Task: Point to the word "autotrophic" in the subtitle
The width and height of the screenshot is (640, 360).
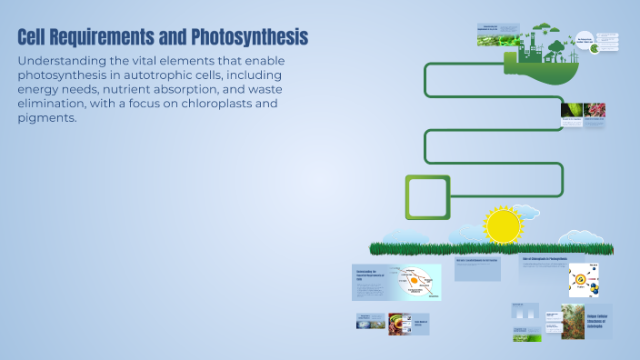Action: (173, 74)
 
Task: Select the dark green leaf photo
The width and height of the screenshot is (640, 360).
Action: (572, 111)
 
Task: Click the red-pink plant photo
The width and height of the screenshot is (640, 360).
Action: (595, 111)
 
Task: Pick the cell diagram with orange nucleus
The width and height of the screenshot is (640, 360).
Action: (415, 282)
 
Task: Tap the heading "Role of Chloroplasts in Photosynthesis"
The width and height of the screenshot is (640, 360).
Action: (545, 259)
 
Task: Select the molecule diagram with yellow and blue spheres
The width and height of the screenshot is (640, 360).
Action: (583, 281)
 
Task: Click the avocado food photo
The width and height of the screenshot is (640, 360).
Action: (400, 324)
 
